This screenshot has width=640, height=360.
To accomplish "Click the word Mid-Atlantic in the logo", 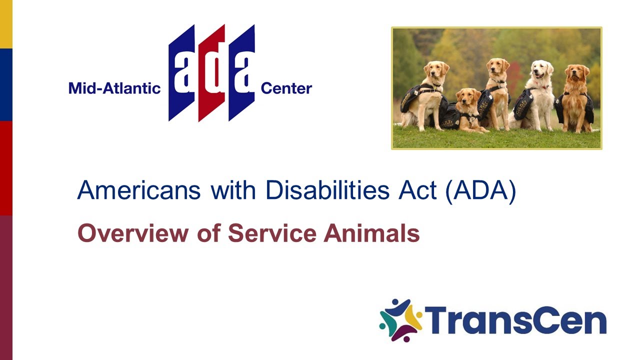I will [x=114, y=89].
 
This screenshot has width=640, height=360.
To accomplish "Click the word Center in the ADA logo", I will [x=286, y=89].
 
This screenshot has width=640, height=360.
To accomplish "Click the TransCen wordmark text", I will [x=515, y=321].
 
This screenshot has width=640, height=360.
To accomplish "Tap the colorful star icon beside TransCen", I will [x=400, y=320].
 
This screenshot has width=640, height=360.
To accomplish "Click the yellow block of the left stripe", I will [x=6, y=24].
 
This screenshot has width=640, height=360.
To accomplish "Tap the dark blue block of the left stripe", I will [x=6, y=84].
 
